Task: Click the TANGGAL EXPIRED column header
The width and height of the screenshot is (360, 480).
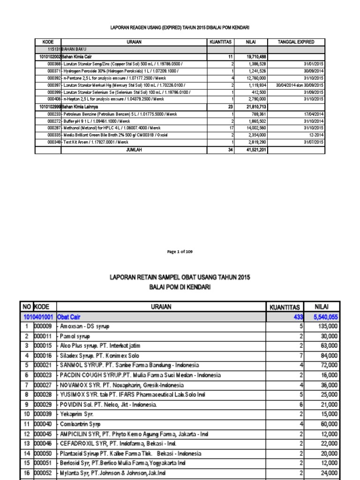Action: (296, 42)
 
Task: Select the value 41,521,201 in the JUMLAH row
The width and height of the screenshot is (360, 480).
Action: (256, 150)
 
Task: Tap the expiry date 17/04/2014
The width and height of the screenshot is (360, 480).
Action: (314, 114)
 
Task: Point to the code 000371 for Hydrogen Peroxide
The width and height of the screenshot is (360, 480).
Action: (54, 70)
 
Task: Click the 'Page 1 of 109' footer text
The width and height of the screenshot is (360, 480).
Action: (180, 252)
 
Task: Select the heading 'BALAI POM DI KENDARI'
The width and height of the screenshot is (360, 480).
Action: (180, 287)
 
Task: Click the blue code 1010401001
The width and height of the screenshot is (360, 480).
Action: (38, 317)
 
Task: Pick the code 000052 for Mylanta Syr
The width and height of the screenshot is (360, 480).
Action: (43, 472)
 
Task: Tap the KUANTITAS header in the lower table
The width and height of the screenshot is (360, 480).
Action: (285, 307)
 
